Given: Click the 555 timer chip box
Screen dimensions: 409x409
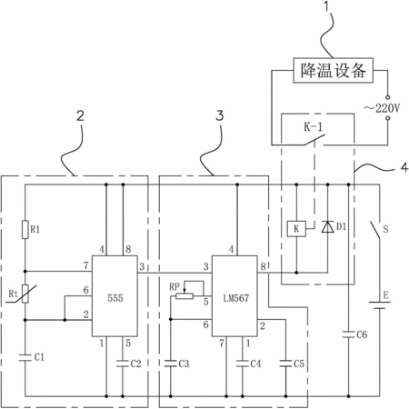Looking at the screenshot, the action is click(x=115, y=296).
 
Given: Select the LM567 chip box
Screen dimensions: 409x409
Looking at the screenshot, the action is click(x=234, y=296).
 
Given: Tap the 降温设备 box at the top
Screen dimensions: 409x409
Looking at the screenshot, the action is click(x=333, y=70).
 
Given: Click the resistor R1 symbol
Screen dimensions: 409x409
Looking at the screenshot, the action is click(x=25, y=230).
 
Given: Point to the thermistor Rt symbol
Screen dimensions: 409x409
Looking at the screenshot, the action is click(x=25, y=294).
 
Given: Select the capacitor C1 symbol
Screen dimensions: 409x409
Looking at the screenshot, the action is click(x=25, y=357).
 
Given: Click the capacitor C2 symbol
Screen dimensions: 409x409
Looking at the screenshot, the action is click(x=123, y=364).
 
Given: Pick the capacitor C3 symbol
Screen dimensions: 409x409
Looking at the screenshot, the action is click(x=171, y=364).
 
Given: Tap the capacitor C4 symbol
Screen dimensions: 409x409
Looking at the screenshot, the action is click(x=243, y=364).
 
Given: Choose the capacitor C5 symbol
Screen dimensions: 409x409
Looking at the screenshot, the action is click(x=285, y=364).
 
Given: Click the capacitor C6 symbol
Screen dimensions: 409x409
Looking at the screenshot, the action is click(x=348, y=334).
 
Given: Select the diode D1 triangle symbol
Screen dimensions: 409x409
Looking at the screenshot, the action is click(x=327, y=226).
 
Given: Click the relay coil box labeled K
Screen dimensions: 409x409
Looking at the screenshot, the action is click(x=296, y=229).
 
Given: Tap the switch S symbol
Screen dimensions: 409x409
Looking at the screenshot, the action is click(x=375, y=229).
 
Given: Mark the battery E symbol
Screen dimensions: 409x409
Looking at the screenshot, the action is click(x=379, y=305).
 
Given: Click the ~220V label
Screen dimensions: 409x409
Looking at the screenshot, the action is click(x=382, y=108).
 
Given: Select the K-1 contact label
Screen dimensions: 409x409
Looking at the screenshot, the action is click(x=314, y=127).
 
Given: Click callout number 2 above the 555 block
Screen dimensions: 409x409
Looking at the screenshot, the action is click(x=80, y=115).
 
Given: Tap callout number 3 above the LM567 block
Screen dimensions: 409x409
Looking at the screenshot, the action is click(x=219, y=115).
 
